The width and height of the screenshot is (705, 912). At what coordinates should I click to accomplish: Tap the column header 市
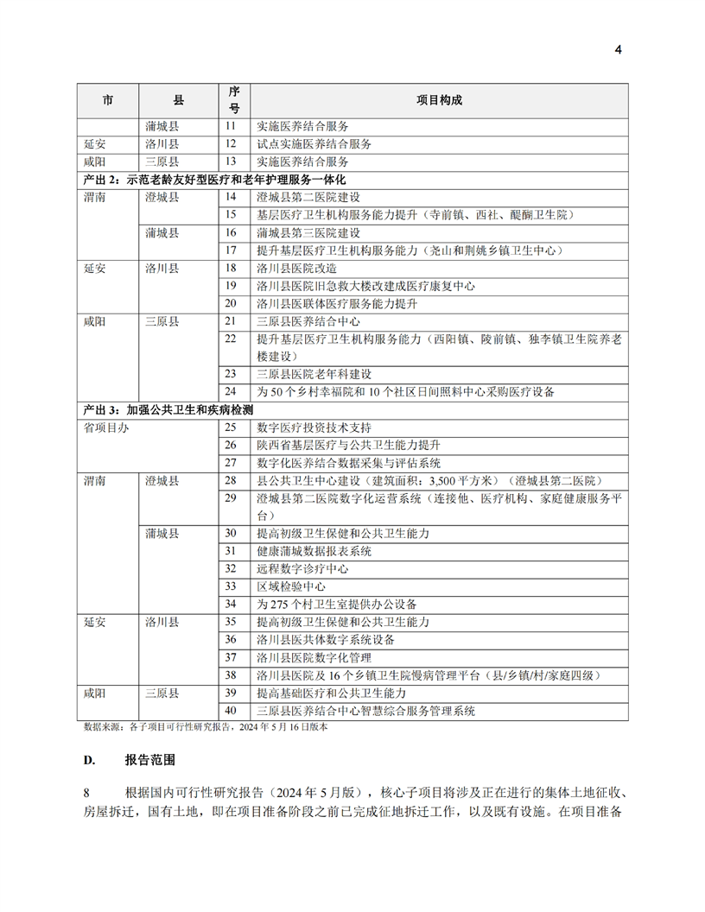tap(107, 100)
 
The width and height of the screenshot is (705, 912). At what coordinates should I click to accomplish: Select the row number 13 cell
tap(230, 161)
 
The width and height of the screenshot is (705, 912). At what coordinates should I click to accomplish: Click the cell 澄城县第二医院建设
tap(308, 198)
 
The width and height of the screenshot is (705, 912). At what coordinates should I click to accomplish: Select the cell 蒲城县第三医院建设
tap(308, 233)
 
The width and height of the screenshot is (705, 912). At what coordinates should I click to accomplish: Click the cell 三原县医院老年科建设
tap(314, 374)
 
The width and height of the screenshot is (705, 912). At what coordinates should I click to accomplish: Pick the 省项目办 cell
tap(106, 427)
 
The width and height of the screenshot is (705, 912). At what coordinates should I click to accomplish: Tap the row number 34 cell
tap(230, 604)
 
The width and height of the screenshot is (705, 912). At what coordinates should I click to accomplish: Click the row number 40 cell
tap(230, 711)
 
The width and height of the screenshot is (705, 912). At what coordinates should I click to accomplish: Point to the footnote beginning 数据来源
tap(206, 728)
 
